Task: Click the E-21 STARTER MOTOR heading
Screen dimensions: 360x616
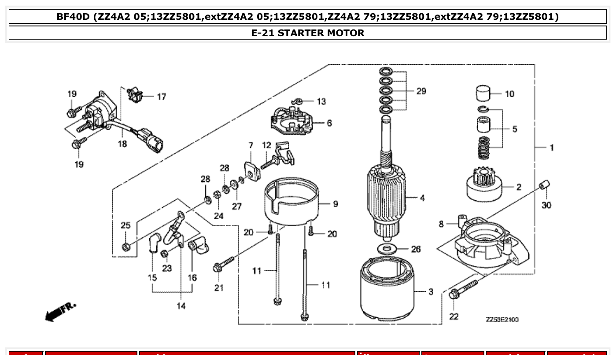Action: click(307, 33)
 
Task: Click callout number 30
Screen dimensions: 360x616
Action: click(546, 205)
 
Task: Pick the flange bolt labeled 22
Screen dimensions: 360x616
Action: click(463, 288)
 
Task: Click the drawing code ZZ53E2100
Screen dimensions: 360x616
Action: click(502, 319)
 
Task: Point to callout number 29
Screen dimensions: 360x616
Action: click(421, 91)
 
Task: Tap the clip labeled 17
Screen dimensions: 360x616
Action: click(135, 94)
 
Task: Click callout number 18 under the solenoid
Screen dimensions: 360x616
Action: click(122, 144)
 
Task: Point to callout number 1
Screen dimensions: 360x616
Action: click(551, 147)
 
